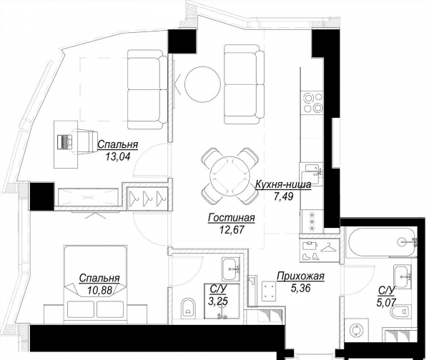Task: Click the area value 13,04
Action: pos(117,156)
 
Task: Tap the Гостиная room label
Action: pos(231,218)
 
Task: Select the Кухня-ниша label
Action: pos(283,185)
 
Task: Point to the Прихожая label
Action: pos(300,276)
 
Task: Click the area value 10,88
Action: pos(99,290)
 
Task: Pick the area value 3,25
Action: pos(218,301)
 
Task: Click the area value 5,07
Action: pos(386,302)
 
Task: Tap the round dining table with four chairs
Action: pos(230,176)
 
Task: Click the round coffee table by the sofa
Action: pos(202,84)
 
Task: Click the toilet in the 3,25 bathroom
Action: pos(188,309)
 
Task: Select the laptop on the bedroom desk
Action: pos(65,141)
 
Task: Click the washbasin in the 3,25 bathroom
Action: pos(231,269)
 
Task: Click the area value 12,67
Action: pos(231,229)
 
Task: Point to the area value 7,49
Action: pos(283,196)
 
